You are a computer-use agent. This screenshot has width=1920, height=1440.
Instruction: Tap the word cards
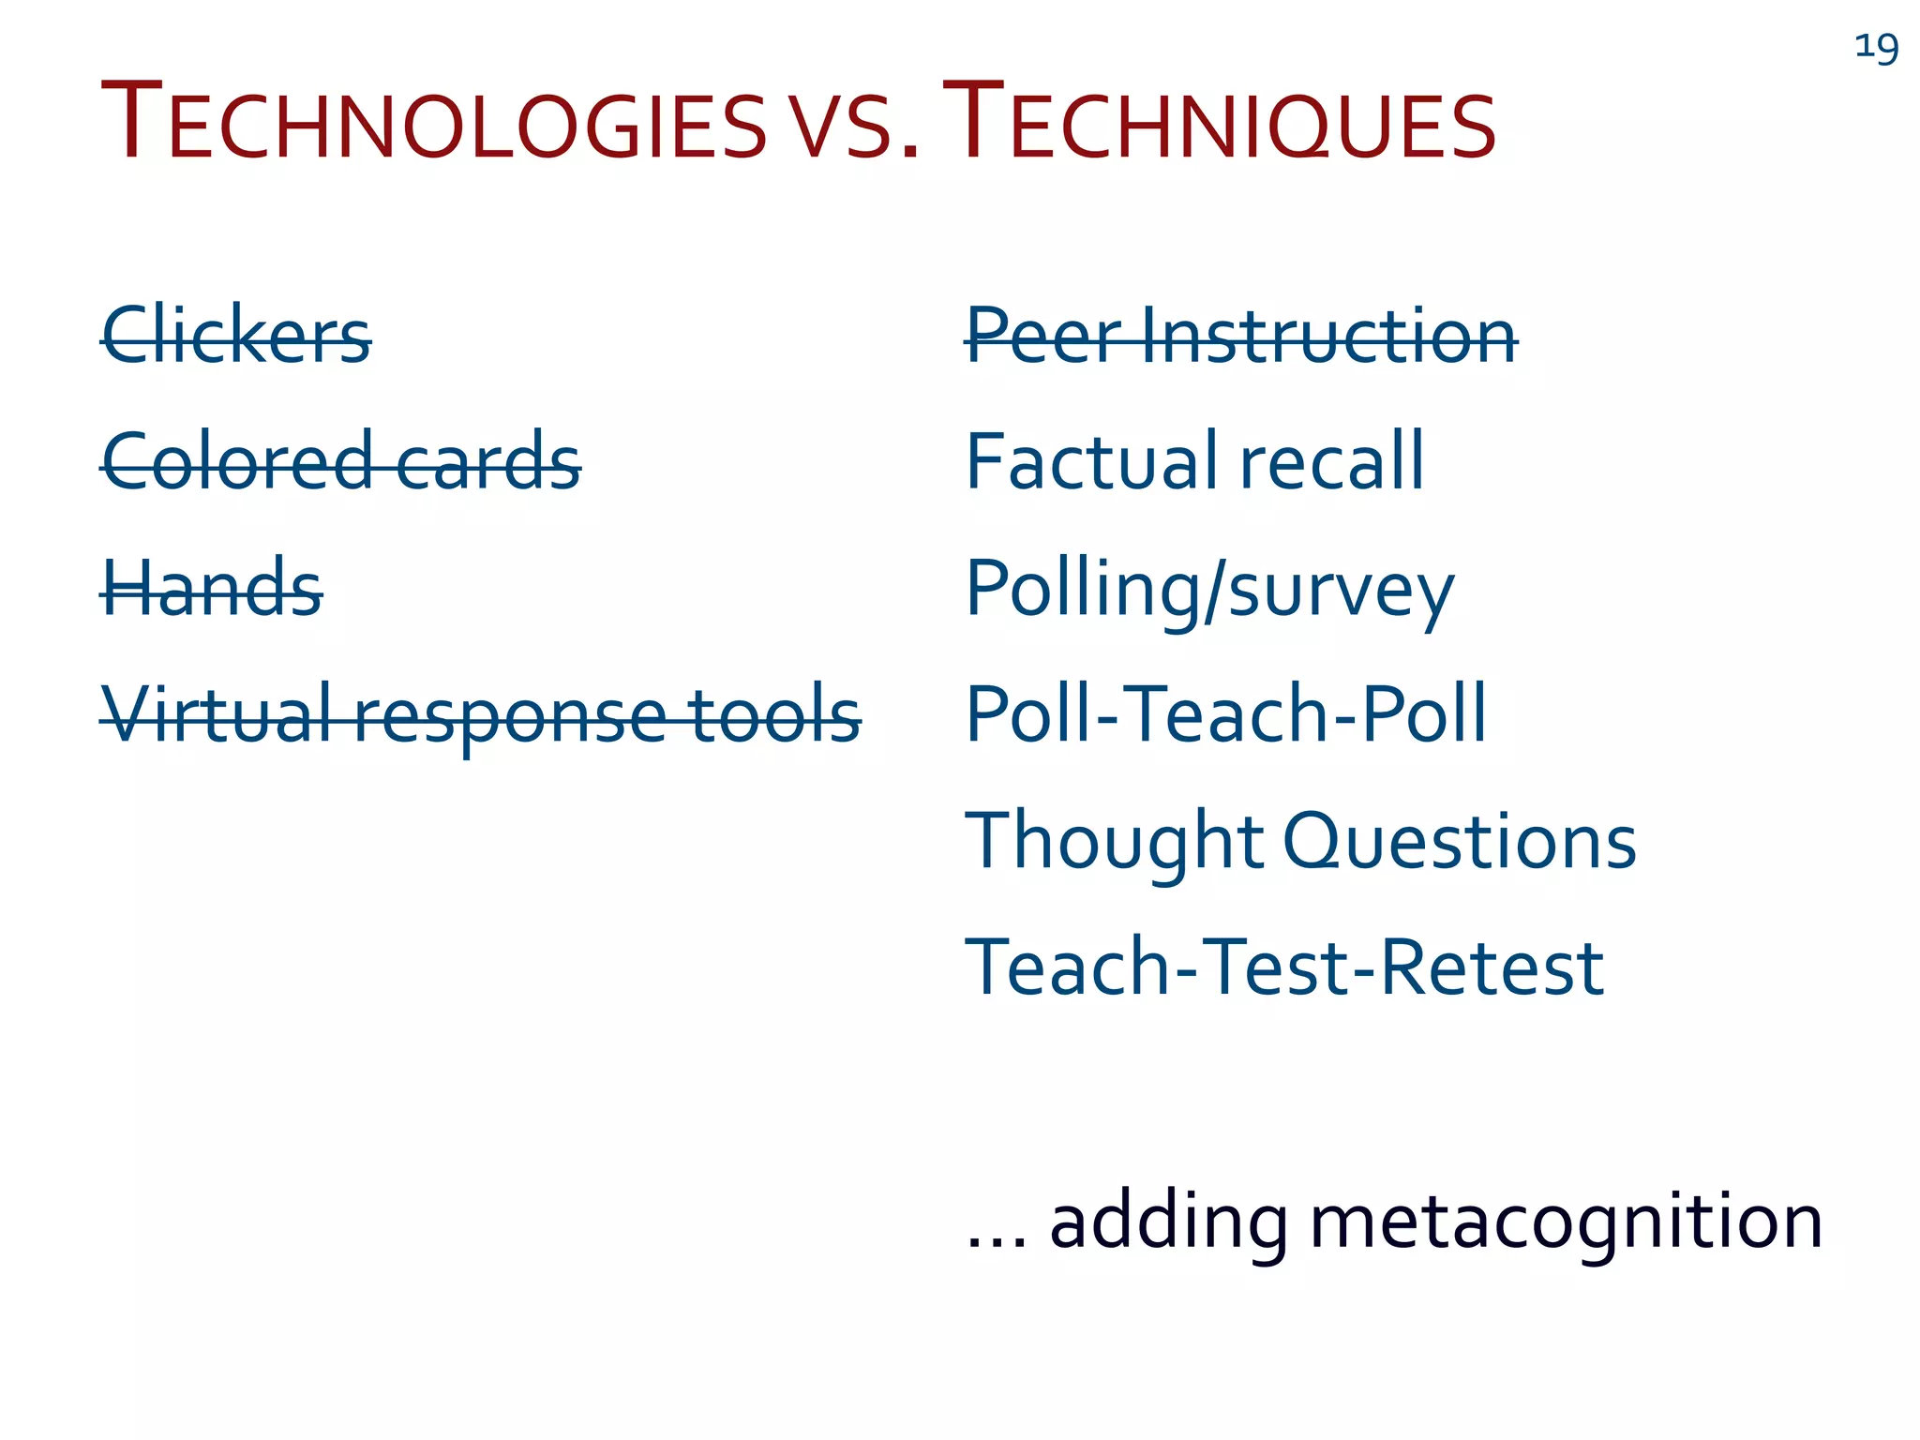point(488,461)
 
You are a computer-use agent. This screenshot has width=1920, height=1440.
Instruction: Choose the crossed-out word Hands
point(212,589)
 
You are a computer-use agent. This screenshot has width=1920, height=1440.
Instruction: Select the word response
point(512,718)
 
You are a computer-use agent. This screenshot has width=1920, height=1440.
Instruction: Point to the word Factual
point(1091,461)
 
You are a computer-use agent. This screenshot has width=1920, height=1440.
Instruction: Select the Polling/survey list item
point(1209,591)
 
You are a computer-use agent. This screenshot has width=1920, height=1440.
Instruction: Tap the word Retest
point(1492,967)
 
